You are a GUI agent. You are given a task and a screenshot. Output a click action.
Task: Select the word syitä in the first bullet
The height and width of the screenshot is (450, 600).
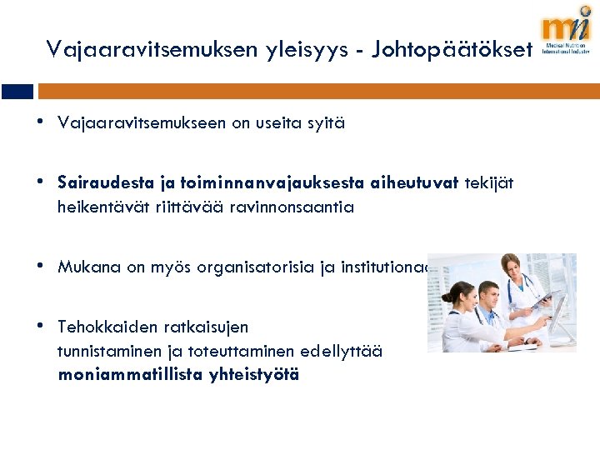(x=326, y=123)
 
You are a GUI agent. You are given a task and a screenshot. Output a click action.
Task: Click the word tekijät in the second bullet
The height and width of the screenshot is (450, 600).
(x=491, y=182)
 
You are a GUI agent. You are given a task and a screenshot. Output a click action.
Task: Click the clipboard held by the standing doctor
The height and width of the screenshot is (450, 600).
(x=543, y=297)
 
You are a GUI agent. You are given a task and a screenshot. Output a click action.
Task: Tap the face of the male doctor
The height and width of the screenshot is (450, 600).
(x=492, y=295)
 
